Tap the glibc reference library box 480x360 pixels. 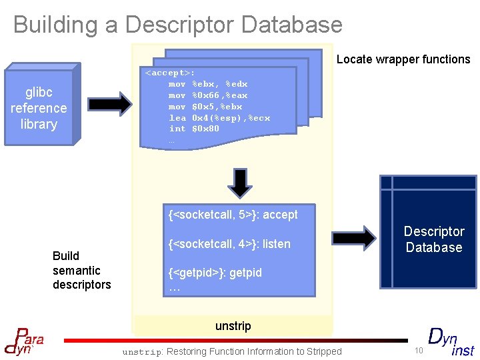(39, 108)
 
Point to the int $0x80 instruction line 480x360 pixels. (194, 129)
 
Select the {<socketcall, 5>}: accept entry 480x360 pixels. (233, 215)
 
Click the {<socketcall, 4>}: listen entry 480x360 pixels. (230, 244)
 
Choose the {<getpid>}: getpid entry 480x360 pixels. (215, 273)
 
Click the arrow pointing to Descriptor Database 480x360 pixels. (353, 236)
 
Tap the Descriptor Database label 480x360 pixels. (433, 239)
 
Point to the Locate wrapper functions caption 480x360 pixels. (403, 59)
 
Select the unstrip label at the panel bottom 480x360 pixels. (233, 326)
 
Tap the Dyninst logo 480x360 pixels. (450, 341)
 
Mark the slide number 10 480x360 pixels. (419, 351)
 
